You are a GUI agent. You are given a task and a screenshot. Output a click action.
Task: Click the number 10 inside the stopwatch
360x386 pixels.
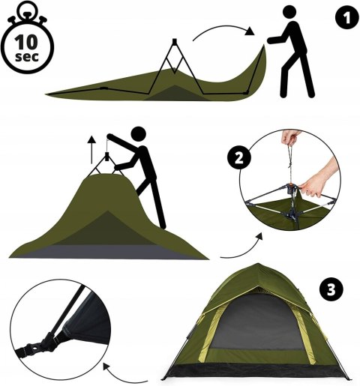tap(26, 42)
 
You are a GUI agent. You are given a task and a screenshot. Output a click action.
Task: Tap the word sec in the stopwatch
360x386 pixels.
tap(27, 56)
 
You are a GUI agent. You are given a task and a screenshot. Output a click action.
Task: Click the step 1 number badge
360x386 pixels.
tap(346, 18)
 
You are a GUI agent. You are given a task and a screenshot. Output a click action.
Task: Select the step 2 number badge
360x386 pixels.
tap(239, 158)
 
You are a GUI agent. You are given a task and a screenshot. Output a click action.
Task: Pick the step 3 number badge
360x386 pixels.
tap(331, 290)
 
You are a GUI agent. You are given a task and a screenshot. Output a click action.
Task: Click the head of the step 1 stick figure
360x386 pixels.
tap(290, 12)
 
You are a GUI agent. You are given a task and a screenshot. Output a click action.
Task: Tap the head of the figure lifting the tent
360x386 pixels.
tap(138, 134)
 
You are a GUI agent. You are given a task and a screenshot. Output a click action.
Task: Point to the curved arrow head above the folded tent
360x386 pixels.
tap(250, 31)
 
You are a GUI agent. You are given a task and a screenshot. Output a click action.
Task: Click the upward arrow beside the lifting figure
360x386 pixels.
tap(92, 150)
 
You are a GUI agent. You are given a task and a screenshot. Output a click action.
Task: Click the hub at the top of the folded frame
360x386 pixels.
tap(175, 40)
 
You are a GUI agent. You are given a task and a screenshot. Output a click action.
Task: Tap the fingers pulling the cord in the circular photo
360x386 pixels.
tap(290, 136)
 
